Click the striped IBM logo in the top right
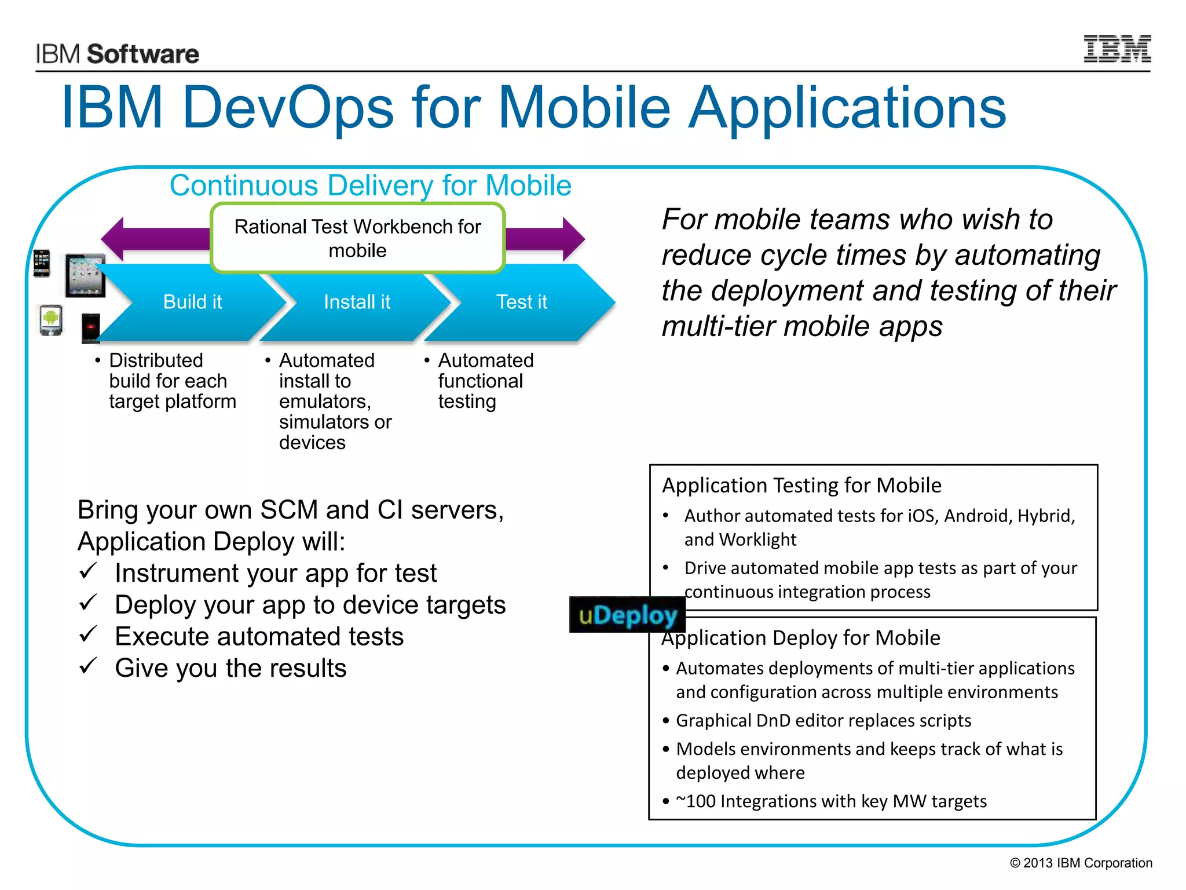[x=1117, y=49]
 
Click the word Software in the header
[x=142, y=54]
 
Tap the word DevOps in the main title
[x=288, y=107]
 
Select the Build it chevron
[x=192, y=302]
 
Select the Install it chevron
[x=357, y=302]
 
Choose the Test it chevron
[x=521, y=302]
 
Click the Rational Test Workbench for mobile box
[x=357, y=238]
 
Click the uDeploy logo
[x=627, y=615]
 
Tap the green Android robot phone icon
[x=51, y=319]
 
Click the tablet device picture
[x=85, y=275]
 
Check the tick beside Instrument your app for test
[x=88, y=571]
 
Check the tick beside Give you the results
[x=88, y=666]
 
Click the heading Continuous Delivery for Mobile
[x=370, y=186]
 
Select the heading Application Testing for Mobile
[x=801, y=485]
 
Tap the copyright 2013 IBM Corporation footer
[x=1081, y=863]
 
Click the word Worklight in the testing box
[x=757, y=539]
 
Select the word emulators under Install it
[x=324, y=401]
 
